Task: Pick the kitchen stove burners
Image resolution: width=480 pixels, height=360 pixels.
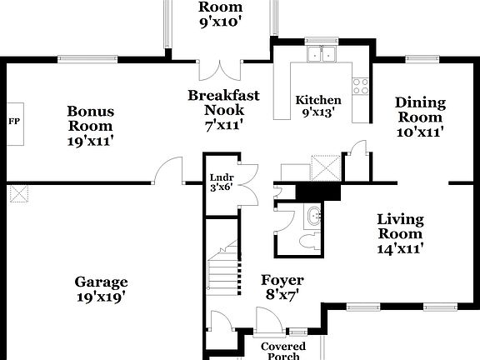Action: [361, 83]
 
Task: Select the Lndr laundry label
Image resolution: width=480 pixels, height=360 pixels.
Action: [222, 177]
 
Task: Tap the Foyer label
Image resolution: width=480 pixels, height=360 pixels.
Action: [282, 280]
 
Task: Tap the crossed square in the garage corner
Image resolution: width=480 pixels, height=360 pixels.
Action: [18, 194]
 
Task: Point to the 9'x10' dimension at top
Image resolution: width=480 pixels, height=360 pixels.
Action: [220, 22]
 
